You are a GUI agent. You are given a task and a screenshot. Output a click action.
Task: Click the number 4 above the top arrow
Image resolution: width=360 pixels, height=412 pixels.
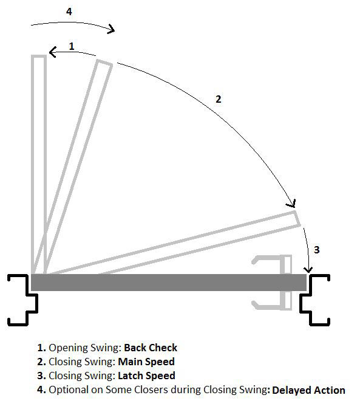(x=69, y=11)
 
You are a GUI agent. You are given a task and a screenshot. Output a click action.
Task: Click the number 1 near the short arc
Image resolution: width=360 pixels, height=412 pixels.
(x=72, y=46)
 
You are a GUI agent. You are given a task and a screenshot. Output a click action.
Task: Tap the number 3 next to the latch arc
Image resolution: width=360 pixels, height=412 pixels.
(x=316, y=250)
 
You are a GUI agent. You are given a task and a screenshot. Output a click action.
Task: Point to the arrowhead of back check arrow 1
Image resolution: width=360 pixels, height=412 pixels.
(x=52, y=53)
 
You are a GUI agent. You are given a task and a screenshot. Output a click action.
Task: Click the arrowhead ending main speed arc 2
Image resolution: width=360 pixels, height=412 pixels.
(x=293, y=205)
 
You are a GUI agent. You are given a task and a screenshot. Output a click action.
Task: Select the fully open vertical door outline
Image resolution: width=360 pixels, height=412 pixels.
(x=38, y=164)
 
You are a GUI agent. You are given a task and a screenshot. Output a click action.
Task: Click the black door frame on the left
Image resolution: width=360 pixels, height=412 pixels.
(x=23, y=298)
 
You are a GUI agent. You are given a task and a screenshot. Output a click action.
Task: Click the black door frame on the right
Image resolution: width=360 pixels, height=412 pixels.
(x=315, y=298)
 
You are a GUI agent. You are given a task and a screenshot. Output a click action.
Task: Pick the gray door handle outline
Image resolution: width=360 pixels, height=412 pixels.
(x=272, y=281)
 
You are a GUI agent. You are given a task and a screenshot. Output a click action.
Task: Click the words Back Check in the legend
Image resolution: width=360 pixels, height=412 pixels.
(x=151, y=348)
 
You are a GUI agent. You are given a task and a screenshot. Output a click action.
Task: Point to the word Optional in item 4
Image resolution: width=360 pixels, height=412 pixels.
(x=67, y=390)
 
